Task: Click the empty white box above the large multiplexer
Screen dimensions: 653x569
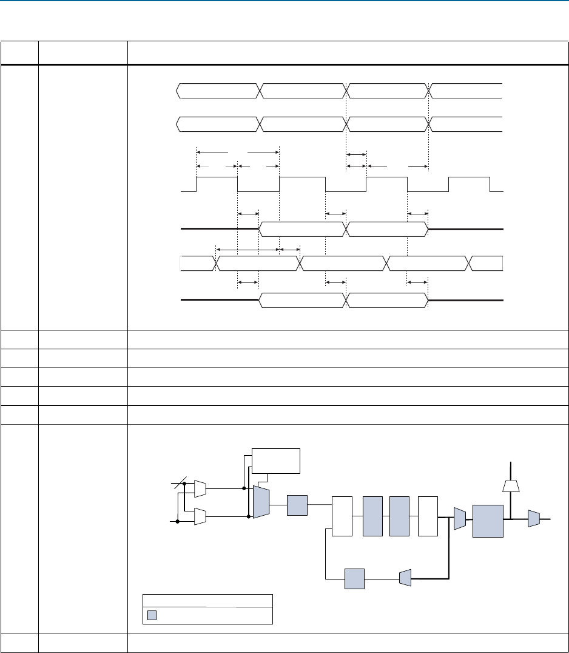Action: click(276, 460)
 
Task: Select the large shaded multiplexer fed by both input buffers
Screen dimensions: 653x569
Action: click(261, 502)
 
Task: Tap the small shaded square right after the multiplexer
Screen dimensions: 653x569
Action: click(297, 505)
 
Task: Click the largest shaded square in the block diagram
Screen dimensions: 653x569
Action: click(488, 521)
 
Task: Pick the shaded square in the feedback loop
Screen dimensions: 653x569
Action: click(354, 579)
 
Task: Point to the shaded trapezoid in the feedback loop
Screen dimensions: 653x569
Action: click(405, 579)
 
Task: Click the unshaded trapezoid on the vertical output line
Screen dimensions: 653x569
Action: click(511, 484)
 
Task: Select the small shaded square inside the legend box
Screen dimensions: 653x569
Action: click(152, 615)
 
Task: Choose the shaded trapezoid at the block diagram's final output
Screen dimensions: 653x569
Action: click(534, 519)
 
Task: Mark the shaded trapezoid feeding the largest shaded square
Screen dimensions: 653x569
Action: click(460, 518)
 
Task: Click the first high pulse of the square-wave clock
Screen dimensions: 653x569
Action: click(217, 183)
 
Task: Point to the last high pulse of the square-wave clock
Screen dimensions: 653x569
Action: click(469, 183)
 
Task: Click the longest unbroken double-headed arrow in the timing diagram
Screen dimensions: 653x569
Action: click(247, 249)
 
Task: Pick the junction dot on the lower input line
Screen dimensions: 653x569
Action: click(177, 521)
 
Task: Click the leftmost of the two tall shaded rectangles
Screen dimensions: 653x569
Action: click(372, 516)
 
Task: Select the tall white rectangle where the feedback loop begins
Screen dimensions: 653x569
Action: click(342, 516)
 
